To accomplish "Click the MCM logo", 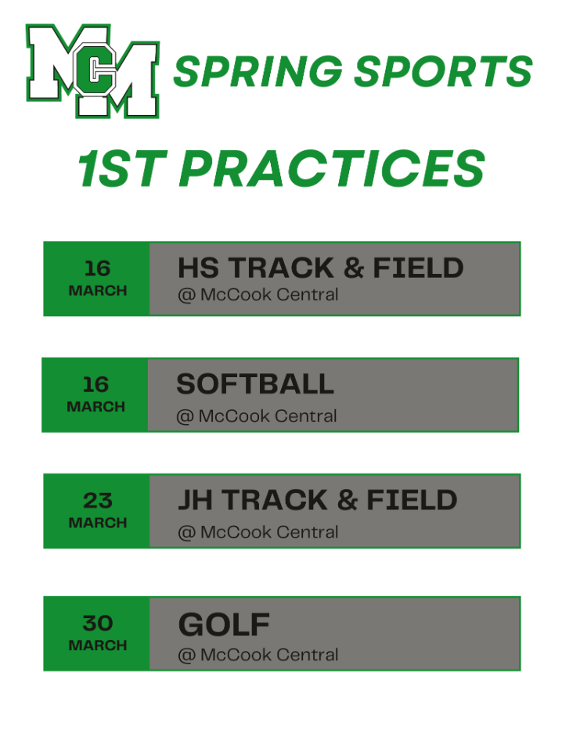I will coord(93,71).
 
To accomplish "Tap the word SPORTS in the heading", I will coord(442,72).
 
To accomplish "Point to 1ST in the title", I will coord(124,168).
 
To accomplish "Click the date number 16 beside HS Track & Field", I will coord(97,268).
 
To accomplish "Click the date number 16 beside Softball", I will coord(95,384).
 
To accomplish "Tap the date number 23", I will coord(97,500).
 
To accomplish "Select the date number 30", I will coord(97,623).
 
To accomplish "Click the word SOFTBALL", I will coord(254,384).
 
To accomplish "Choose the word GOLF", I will coord(224,624).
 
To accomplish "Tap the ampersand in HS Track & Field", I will coord(354,268).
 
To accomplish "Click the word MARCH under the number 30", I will coord(97,645).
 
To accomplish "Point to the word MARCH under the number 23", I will coord(97,523).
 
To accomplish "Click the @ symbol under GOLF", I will coord(186,655).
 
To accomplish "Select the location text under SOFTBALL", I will coord(257,416).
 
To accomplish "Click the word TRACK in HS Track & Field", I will coord(281,268).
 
